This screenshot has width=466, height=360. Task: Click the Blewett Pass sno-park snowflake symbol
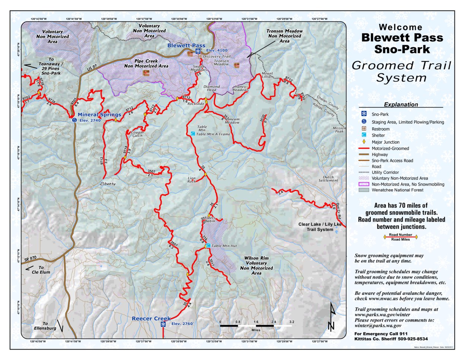[x=199, y=51]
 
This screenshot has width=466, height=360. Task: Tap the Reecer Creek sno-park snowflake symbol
[x=163, y=324]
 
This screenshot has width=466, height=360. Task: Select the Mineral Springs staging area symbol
[x=74, y=120]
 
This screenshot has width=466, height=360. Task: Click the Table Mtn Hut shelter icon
[x=208, y=246]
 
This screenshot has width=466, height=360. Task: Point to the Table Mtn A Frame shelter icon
[x=193, y=134]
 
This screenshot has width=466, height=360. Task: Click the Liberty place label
[x=108, y=184]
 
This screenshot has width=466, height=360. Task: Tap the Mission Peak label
[x=339, y=130]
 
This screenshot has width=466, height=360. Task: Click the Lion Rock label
[x=191, y=180]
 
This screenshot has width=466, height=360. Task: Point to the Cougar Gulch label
[x=137, y=134]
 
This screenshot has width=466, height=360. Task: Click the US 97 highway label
[x=92, y=68]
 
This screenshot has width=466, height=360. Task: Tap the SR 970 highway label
[x=31, y=258]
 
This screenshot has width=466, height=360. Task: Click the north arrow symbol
[x=332, y=317]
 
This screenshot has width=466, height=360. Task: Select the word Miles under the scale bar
[x=256, y=330]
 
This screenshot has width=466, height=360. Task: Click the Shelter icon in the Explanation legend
[x=364, y=135]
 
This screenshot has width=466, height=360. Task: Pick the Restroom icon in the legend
[x=364, y=129]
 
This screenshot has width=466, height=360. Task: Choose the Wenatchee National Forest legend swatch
[x=364, y=190]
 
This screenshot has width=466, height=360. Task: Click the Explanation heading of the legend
[x=401, y=105]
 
